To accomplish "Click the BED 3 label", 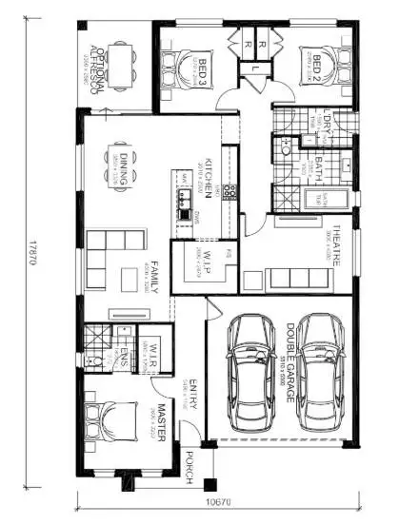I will pyautogui.click(x=201, y=71).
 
